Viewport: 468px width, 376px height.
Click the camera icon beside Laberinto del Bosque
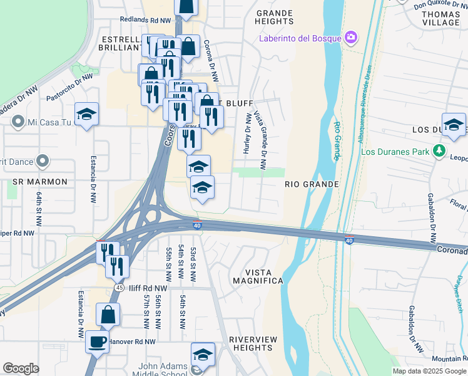pos(351,38)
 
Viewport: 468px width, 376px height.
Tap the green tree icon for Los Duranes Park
pos(440,151)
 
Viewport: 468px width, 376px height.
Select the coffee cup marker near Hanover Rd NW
pos(96,342)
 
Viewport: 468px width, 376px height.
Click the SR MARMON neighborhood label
pos(40,182)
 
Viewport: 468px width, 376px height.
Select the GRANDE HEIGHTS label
pos(274,17)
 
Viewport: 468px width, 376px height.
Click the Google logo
pos(21,368)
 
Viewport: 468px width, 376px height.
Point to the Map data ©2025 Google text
pos(429,371)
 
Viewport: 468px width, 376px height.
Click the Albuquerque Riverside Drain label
pos(365,103)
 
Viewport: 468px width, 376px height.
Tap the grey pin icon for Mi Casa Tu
pos(18,122)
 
